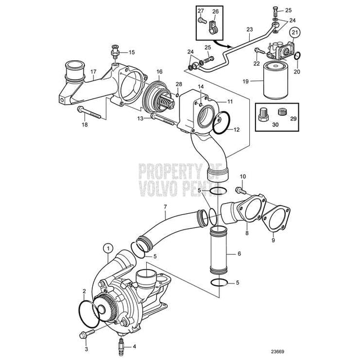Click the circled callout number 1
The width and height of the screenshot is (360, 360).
tap(106, 246)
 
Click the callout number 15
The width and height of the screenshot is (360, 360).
tap(132, 52)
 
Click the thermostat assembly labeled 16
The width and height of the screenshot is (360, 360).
tap(158, 97)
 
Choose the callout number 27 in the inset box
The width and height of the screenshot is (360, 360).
tap(200, 12)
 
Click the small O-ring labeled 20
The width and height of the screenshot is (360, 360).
tap(298, 56)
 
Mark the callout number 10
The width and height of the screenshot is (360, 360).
tap(243, 177)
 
